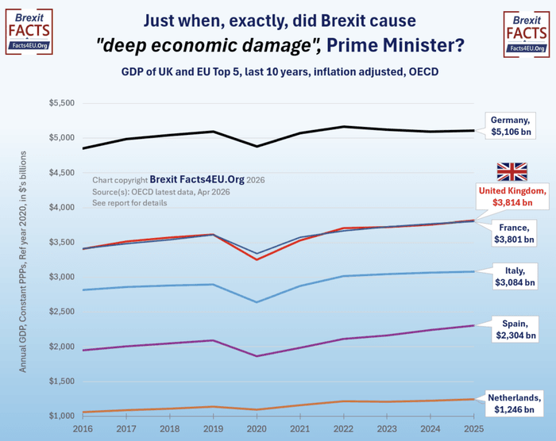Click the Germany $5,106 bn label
[513, 124]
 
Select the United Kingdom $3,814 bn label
[513, 195]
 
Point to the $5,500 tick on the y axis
[61, 103]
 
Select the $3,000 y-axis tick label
[61, 277]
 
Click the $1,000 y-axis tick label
[61, 416]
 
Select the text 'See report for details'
[130, 203]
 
